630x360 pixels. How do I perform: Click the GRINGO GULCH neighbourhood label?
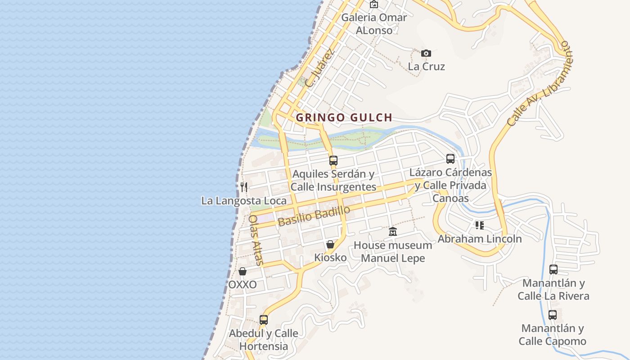pyautogui.click(x=344, y=118)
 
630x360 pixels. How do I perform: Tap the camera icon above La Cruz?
pyautogui.click(x=426, y=54)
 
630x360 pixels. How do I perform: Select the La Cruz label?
pyautogui.click(x=426, y=67)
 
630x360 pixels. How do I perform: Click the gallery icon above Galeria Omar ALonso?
pyautogui.click(x=373, y=4)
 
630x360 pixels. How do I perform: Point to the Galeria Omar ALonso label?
pyautogui.click(x=374, y=24)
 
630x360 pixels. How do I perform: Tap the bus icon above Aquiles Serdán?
pyautogui.click(x=333, y=160)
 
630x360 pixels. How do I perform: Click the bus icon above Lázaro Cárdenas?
pyautogui.click(x=450, y=159)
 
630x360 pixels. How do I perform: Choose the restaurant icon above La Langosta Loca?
pyautogui.click(x=243, y=187)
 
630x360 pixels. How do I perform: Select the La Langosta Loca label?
pyautogui.click(x=243, y=201)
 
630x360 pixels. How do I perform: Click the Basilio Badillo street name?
pyautogui.click(x=314, y=216)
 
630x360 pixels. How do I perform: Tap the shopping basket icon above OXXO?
pyautogui.click(x=242, y=271)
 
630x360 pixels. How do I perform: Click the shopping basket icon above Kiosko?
pyautogui.click(x=330, y=244)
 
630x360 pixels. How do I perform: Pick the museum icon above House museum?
pyautogui.click(x=392, y=232)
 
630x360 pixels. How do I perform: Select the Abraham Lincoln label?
pyautogui.click(x=480, y=239)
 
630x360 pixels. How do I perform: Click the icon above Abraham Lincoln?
pyautogui.click(x=479, y=225)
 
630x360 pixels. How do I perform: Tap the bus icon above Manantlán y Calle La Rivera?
pyautogui.click(x=553, y=270)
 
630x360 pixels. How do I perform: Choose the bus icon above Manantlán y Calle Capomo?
pyautogui.click(x=552, y=315)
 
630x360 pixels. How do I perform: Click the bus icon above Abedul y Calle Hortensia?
pyautogui.click(x=263, y=320)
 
